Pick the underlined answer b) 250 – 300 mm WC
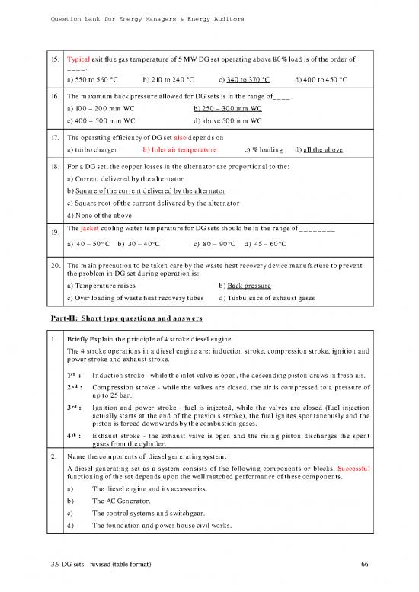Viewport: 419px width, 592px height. click(x=229, y=109)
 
